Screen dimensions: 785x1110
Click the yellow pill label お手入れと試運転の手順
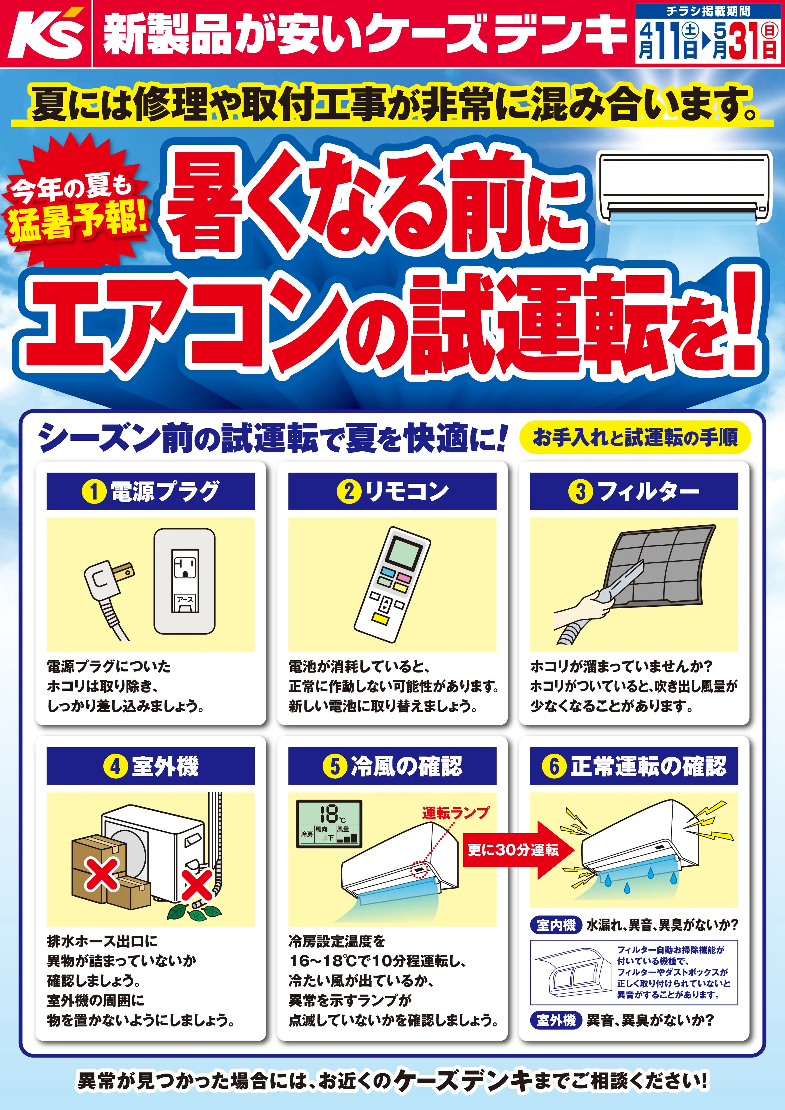click(635, 437)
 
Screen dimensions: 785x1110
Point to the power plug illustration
click(109, 595)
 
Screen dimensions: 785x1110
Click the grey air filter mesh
click(660, 566)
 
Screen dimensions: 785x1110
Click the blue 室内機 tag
click(556, 925)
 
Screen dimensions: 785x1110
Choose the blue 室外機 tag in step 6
click(556, 1020)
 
